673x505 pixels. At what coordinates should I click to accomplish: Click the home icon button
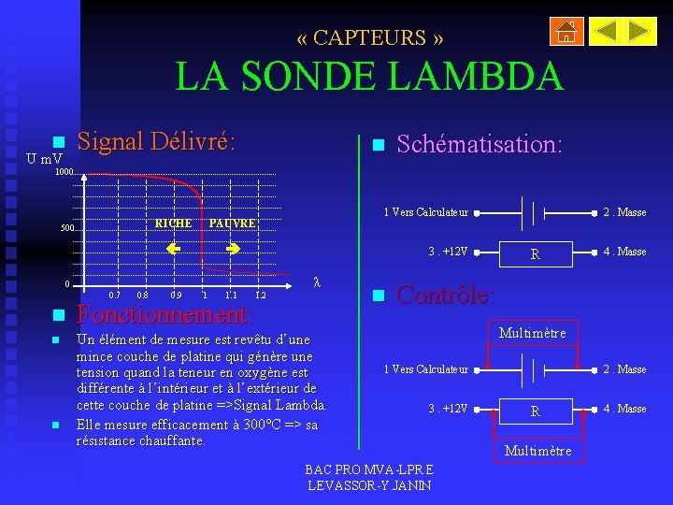click(x=566, y=32)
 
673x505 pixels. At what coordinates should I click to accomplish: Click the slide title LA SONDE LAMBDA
click(x=369, y=77)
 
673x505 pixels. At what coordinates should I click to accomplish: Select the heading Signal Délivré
click(x=155, y=141)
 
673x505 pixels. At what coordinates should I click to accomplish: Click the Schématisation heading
click(x=479, y=144)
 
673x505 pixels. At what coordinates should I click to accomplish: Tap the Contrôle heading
click(x=445, y=296)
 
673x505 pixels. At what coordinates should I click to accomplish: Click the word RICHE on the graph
click(x=173, y=224)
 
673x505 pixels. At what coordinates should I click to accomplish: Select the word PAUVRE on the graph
click(x=232, y=224)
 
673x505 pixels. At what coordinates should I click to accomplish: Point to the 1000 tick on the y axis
click(x=64, y=173)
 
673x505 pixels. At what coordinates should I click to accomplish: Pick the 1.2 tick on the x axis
click(x=261, y=296)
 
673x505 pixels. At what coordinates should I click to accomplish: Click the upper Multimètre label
click(x=532, y=333)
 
